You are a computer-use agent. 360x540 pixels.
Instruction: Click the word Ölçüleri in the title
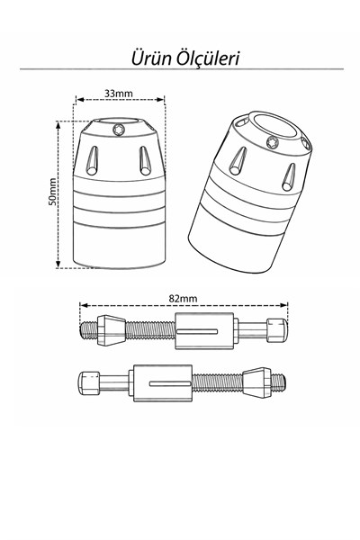(208, 58)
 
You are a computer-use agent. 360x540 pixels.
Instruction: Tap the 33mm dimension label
(119, 94)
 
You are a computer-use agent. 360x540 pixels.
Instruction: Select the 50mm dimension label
(52, 192)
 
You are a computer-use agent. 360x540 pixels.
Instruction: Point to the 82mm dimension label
(184, 298)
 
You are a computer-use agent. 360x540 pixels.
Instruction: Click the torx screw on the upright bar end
(119, 130)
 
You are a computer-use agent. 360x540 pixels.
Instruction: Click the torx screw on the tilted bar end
(273, 142)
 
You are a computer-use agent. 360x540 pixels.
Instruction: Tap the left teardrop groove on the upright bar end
(93, 160)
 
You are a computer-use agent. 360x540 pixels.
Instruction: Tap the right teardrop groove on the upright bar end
(145, 160)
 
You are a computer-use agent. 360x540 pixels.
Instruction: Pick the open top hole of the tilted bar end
(276, 125)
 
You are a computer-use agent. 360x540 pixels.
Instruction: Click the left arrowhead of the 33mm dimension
(79, 100)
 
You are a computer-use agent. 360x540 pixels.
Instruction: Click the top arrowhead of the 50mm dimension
(58, 124)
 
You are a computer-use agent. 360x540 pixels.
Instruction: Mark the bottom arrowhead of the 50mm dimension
(58, 264)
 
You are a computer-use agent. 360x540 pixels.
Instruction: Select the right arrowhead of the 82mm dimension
(284, 305)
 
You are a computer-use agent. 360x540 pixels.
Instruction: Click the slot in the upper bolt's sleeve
(197, 331)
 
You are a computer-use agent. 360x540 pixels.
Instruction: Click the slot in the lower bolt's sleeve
(170, 383)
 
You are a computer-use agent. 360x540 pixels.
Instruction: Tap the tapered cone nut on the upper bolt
(111, 330)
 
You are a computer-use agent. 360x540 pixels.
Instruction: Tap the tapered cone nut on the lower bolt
(256, 382)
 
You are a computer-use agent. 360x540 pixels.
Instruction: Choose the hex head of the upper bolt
(277, 330)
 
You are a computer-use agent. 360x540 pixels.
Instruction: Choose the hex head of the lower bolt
(89, 383)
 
